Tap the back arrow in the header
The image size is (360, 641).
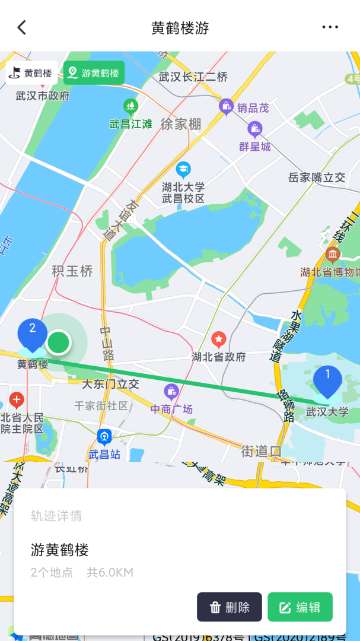click(x=22, y=27)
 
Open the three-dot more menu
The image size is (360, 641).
click(x=330, y=27)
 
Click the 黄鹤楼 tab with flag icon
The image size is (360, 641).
click(x=32, y=73)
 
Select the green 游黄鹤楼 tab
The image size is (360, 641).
click(x=94, y=73)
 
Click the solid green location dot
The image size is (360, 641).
click(x=59, y=342)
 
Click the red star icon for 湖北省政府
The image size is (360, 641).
click(x=219, y=340)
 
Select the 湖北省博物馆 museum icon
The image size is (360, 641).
click(x=333, y=255)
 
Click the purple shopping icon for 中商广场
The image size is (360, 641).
click(x=171, y=392)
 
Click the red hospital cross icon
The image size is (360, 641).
click(x=17, y=399)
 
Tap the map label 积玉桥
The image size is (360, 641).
click(x=72, y=271)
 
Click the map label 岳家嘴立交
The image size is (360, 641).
click(x=317, y=177)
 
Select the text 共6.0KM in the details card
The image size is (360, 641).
click(x=110, y=573)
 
